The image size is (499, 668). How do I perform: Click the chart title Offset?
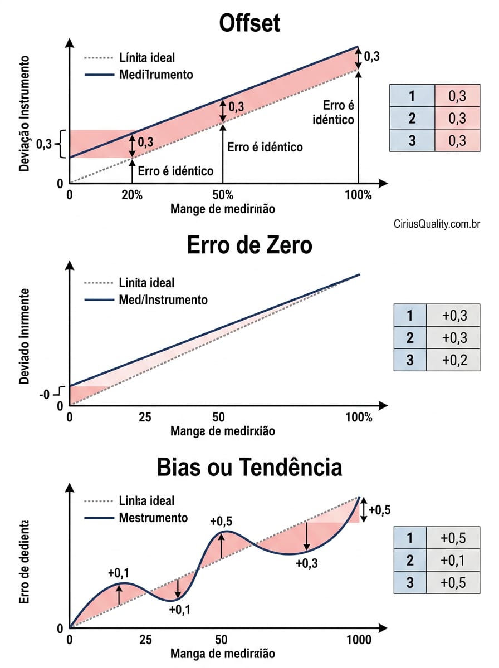coord(250,24)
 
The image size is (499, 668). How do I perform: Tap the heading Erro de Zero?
coord(250,245)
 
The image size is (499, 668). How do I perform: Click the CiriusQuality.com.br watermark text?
coord(436,224)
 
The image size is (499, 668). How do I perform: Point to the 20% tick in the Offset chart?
coord(133,195)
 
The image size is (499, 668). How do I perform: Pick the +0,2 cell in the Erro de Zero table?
coord(454,360)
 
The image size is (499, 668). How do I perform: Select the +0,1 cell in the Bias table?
coord(454,560)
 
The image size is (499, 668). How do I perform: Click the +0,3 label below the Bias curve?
coord(307,563)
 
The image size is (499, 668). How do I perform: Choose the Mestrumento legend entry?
coord(153,518)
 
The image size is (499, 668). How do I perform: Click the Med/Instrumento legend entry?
coord(163,300)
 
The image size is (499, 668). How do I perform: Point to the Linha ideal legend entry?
coord(146,501)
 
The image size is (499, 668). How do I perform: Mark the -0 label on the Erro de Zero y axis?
coord(44,395)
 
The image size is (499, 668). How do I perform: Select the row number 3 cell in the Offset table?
coord(412,141)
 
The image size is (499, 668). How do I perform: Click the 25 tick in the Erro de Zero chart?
coord(145,417)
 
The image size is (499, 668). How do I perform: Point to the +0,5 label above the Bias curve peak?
coord(221,521)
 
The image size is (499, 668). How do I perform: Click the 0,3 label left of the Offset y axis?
coord(44,144)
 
